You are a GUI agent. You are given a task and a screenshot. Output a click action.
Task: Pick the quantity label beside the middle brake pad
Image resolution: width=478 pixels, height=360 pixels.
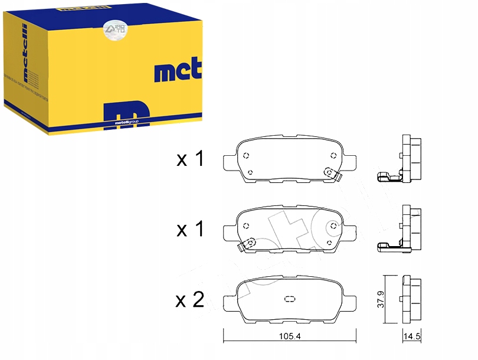190,229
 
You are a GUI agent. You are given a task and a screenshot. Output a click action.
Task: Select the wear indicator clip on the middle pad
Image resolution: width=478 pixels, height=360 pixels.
248,243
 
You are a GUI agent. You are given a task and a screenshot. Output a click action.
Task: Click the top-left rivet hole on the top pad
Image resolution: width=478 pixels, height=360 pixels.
247,156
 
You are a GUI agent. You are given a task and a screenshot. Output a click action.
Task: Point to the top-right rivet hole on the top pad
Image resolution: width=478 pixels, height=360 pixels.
334,156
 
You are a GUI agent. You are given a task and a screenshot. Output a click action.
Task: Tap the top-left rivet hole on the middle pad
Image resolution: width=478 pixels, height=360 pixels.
247,225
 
